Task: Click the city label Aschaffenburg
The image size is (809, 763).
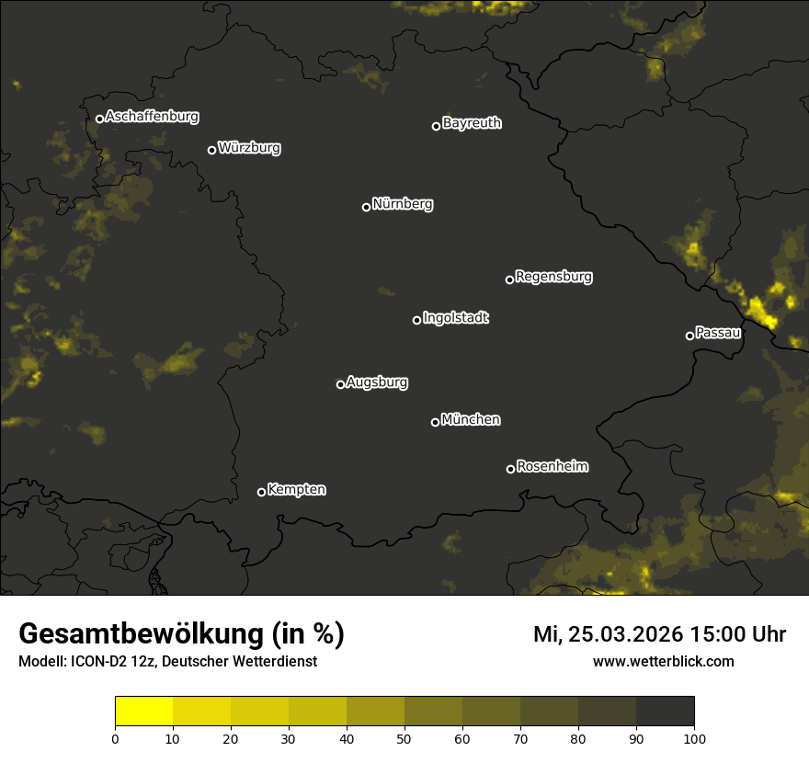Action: pyautogui.click(x=152, y=117)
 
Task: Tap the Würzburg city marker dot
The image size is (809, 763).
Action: pyautogui.click(x=211, y=150)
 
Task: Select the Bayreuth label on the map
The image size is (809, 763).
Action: pyautogui.click(x=472, y=123)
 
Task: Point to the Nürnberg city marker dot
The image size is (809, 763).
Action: pyautogui.click(x=366, y=207)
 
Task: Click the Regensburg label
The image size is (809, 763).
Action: pyautogui.click(x=553, y=276)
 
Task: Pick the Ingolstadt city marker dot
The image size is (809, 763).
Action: pyautogui.click(x=416, y=320)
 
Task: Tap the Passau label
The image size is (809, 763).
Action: pyautogui.click(x=718, y=332)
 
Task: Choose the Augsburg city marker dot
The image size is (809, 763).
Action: pyautogui.click(x=340, y=384)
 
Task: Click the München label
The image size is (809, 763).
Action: pyautogui.click(x=471, y=419)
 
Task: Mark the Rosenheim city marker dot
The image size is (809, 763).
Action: pyautogui.click(x=510, y=470)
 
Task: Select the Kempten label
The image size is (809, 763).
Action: pyautogui.click(x=296, y=489)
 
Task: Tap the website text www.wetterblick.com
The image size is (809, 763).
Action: pyautogui.click(x=663, y=661)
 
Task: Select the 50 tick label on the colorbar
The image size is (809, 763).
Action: pyautogui.click(x=404, y=737)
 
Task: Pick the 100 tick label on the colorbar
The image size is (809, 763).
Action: pyautogui.click(x=694, y=737)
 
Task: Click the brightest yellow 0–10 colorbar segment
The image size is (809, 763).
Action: pyautogui.click(x=143, y=711)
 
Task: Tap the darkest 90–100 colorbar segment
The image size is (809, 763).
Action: pyautogui.click(x=665, y=711)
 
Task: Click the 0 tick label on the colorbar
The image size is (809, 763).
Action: pyautogui.click(x=115, y=737)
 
